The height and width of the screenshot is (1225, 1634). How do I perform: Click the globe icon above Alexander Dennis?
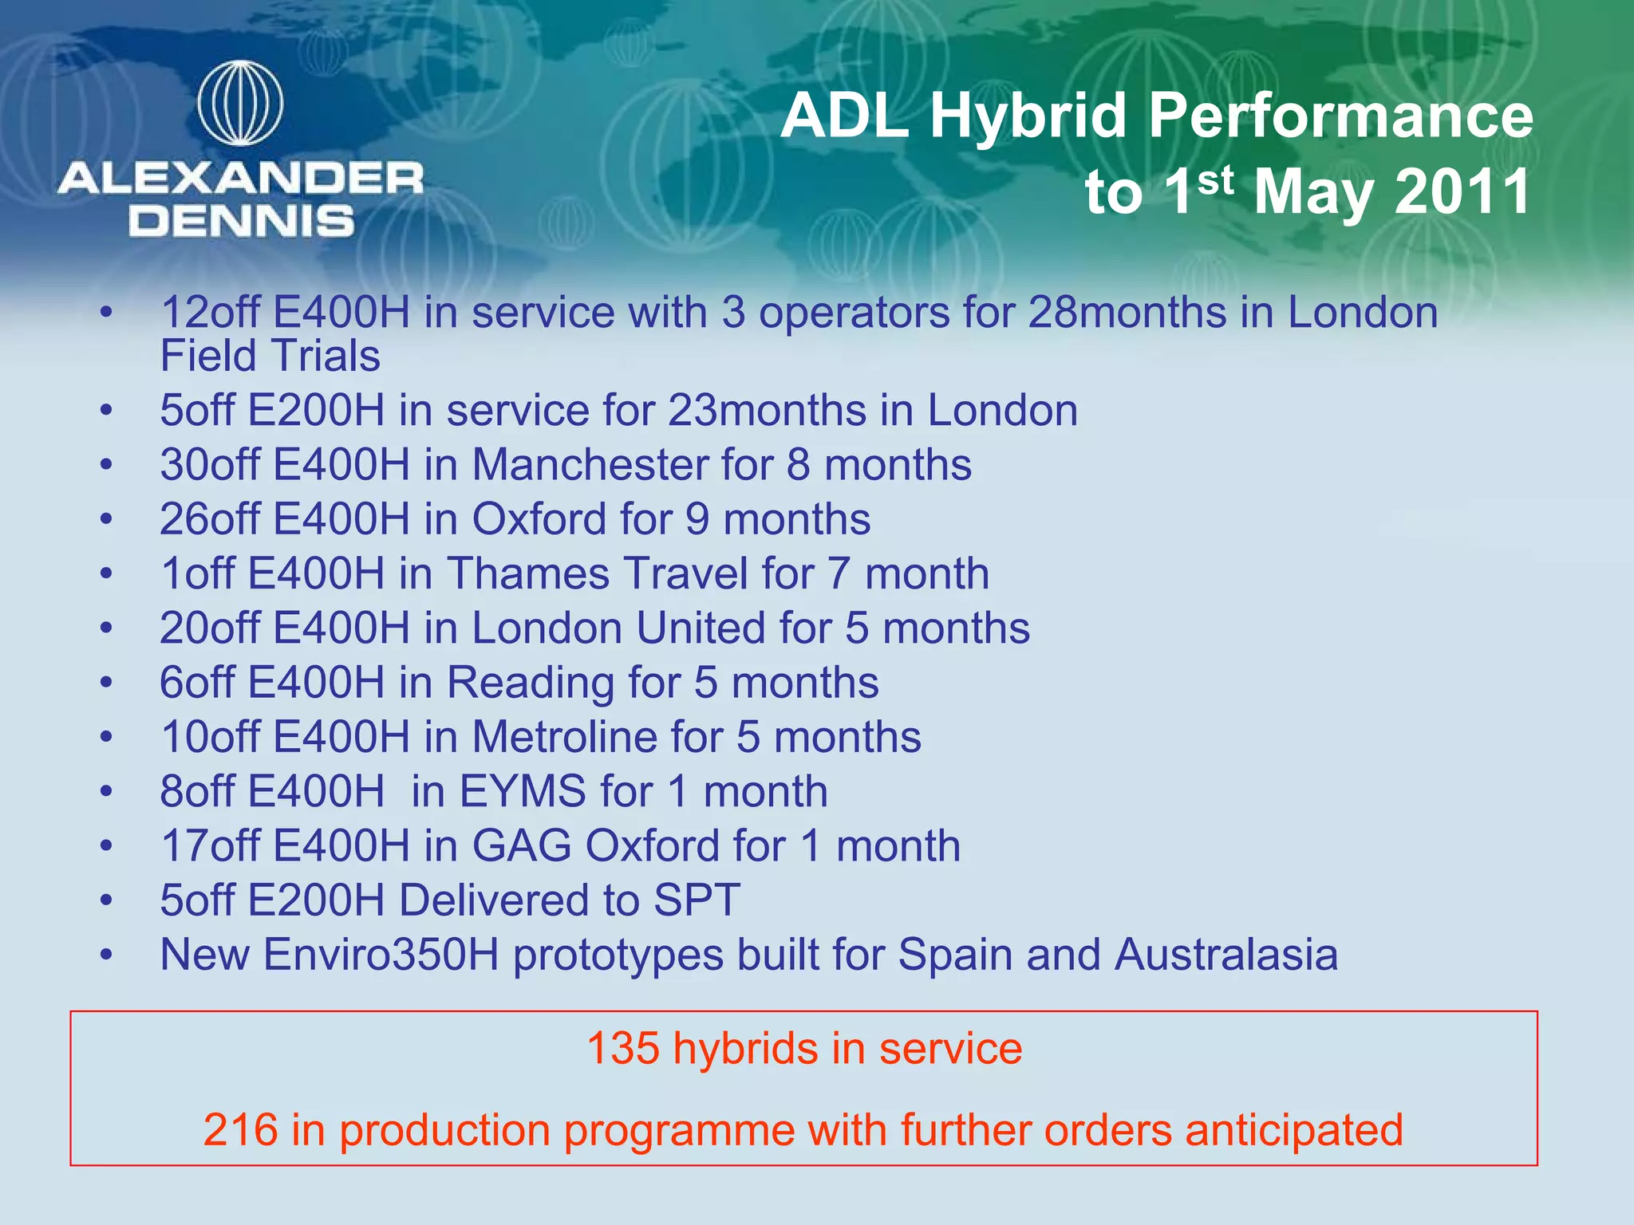point(240,104)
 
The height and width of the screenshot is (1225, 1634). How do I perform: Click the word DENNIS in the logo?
point(241,221)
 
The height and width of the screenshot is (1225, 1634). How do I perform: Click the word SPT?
point(697,900)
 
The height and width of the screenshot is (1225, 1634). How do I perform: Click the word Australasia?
point(1226,955)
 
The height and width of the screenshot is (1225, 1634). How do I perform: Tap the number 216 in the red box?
point(240,1130)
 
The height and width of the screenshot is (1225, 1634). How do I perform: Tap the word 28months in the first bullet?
point(1127,312)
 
